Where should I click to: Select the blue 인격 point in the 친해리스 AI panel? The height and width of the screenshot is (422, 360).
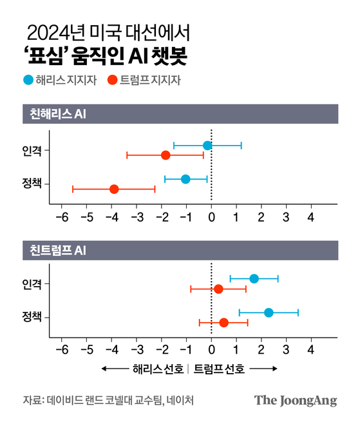[x=207, y=146]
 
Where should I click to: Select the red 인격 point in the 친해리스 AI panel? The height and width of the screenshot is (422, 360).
[x=166, y=155]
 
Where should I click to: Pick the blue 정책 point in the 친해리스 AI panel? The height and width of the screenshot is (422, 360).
[x=185, y=178]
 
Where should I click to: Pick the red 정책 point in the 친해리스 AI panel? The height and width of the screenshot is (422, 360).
[x=114, y=189]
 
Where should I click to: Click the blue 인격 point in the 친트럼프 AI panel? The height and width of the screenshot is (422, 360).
[x=254, y=278]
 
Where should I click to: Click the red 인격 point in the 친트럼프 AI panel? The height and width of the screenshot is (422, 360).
[x=218, y=289]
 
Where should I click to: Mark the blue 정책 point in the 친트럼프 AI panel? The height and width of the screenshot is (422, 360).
[x=269, y=312]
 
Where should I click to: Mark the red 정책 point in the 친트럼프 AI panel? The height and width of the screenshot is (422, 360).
[x=223, y=322]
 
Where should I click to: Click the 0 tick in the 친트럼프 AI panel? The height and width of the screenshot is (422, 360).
[x=211, y=350]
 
